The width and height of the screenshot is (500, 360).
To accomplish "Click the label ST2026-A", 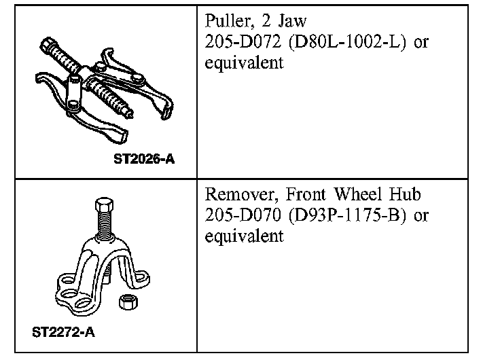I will [x=145, y=162].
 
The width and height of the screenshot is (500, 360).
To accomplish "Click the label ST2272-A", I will [x=63, y=333].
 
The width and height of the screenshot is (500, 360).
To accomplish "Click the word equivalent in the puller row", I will [x=243, y=64].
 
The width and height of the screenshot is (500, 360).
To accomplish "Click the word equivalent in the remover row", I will [x=243, y=238].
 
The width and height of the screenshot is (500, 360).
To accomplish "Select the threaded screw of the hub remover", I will [x=106, y=228].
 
